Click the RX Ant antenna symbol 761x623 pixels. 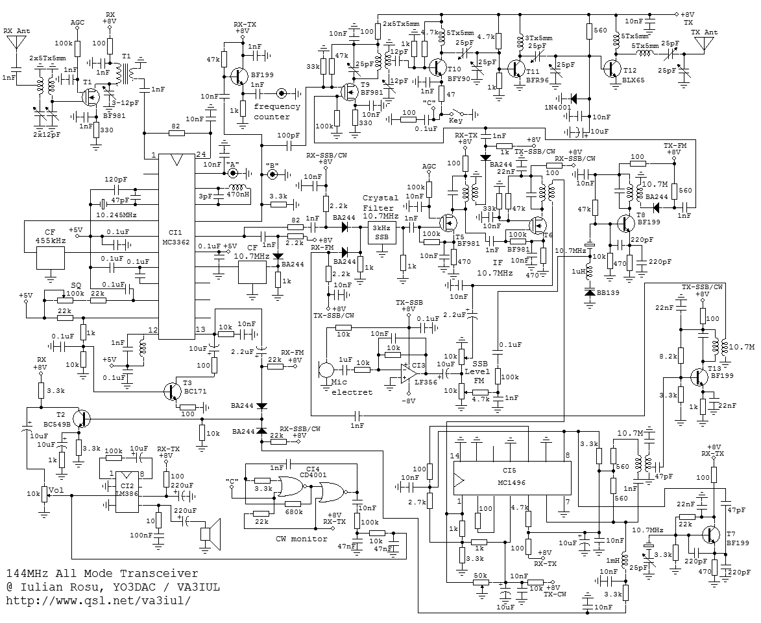tap(16, 43)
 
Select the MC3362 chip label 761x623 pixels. tap(177, 242)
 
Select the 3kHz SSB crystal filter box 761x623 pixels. tap(382, 233)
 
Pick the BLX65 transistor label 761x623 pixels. tap(634, 80)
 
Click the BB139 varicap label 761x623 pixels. tap(608, 293)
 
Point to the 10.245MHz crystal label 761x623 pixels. tap(116, 215)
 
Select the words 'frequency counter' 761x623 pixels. tap(277, 112)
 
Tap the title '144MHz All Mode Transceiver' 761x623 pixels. tap(103, 574)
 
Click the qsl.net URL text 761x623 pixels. tap(98, 600)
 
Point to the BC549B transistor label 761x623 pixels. tap(57, 423)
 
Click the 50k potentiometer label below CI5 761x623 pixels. tap(481, 576)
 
